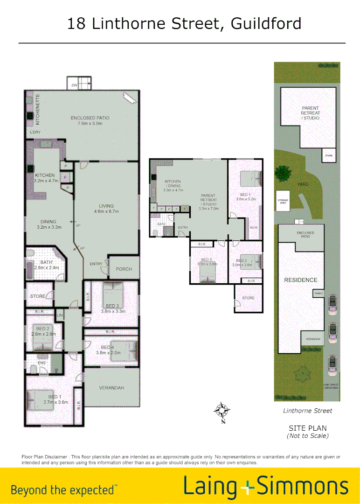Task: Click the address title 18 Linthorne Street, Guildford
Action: coord(184,23)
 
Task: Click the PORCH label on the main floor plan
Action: coord(124,269)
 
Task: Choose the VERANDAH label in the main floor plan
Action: coord(111,388)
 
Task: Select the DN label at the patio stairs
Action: coord(74,85)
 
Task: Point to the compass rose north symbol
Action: coord(222,411)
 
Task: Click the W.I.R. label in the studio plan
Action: coord(254,228)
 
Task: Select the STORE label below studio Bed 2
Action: coord(249,298)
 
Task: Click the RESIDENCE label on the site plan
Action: coord(301,280)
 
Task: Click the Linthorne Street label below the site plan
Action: coord(308,411)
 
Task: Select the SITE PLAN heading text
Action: coord(308,428)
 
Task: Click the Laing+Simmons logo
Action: coord(266,486)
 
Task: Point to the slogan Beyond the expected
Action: coord(64,490)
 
